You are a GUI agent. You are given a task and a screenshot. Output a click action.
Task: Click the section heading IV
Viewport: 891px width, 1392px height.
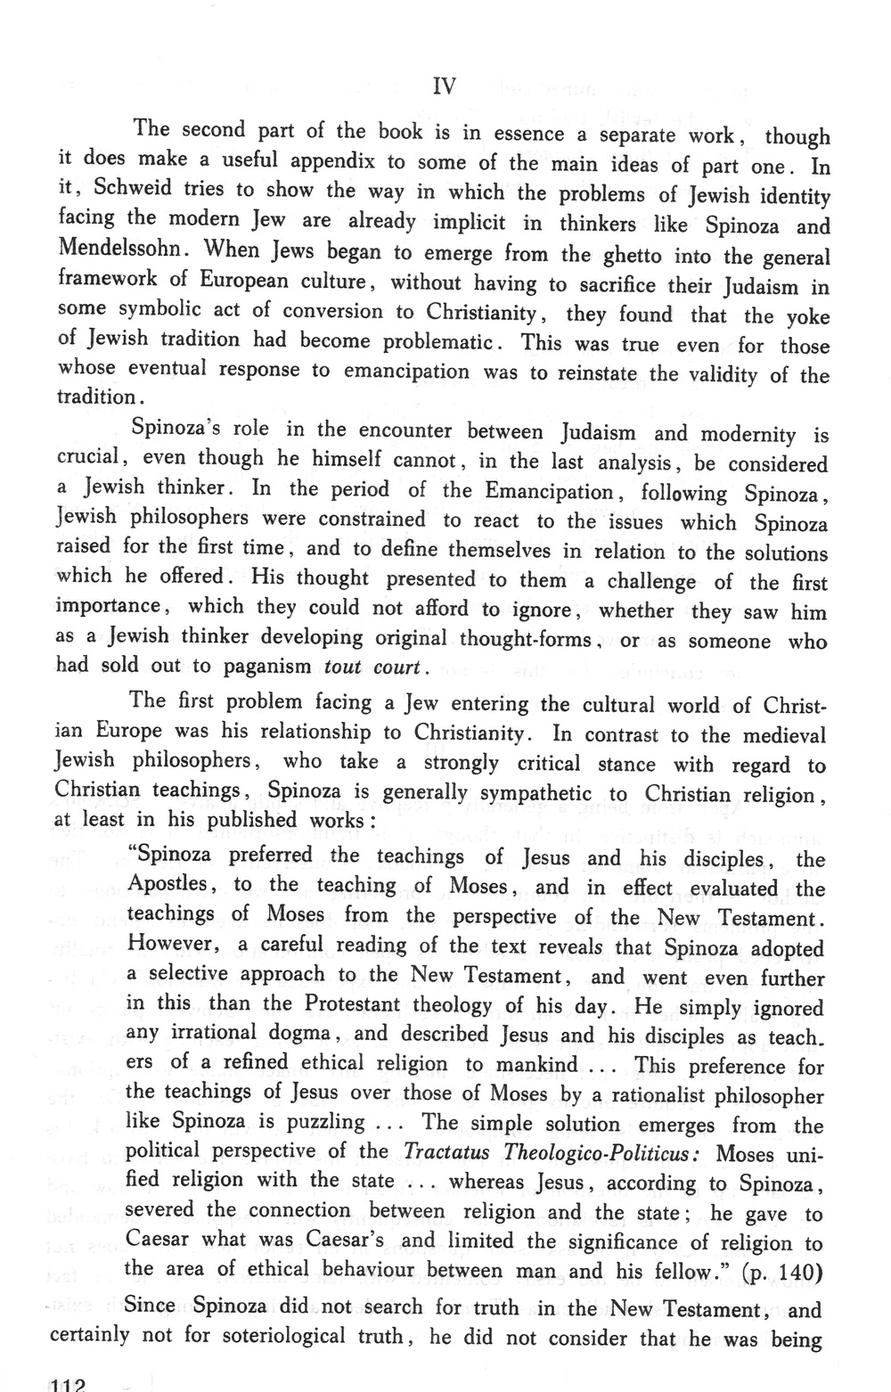(x=444, y=86)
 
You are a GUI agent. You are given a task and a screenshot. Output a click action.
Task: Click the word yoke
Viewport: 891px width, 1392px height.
(x=807, y=316)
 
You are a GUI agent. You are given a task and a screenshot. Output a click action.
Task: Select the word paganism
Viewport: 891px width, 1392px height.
(x=266, y=666)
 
